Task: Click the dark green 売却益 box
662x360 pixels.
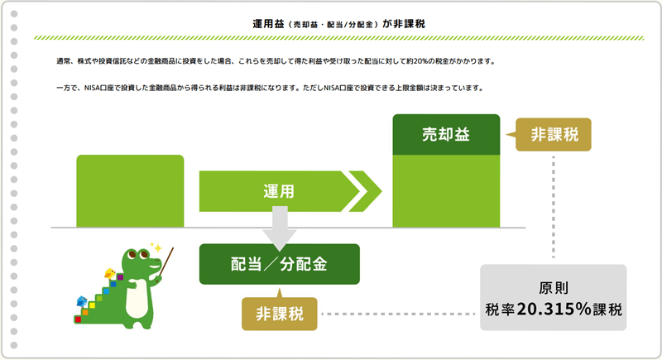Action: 446,135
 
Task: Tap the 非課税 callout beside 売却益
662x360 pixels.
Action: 553,135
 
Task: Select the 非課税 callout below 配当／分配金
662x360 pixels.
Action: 280,313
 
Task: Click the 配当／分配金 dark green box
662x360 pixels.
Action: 280,264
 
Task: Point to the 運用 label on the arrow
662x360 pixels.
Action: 279,192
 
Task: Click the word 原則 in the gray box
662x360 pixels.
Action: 554,288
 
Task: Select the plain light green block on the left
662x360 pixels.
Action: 130,191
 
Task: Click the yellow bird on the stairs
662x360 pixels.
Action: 110,273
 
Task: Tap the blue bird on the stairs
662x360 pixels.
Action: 81,301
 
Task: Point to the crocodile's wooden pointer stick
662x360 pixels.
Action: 165,265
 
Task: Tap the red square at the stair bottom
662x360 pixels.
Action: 78,319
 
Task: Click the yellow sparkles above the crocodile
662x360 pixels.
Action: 156,247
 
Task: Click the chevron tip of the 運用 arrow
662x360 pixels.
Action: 381,191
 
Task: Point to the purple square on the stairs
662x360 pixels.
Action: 120,277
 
